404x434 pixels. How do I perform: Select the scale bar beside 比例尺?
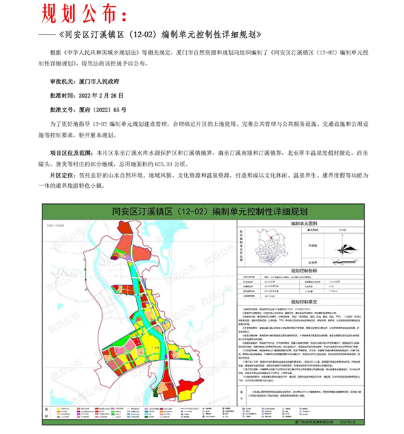343,261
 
